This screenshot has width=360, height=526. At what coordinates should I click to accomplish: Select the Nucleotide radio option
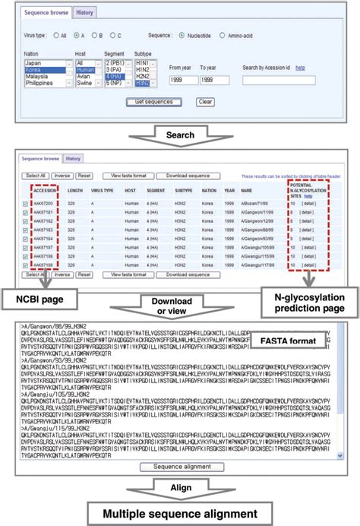click(x=182, y=35)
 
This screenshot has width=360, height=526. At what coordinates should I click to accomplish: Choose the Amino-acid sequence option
click(x=222, y=35)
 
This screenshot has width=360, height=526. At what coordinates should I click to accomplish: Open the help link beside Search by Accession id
click(x=300, y=68)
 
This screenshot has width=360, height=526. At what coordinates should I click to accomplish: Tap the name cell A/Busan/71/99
click(x=255, y=204)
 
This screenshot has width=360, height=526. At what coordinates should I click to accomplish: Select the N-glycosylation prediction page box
click(x=310, y=296)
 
